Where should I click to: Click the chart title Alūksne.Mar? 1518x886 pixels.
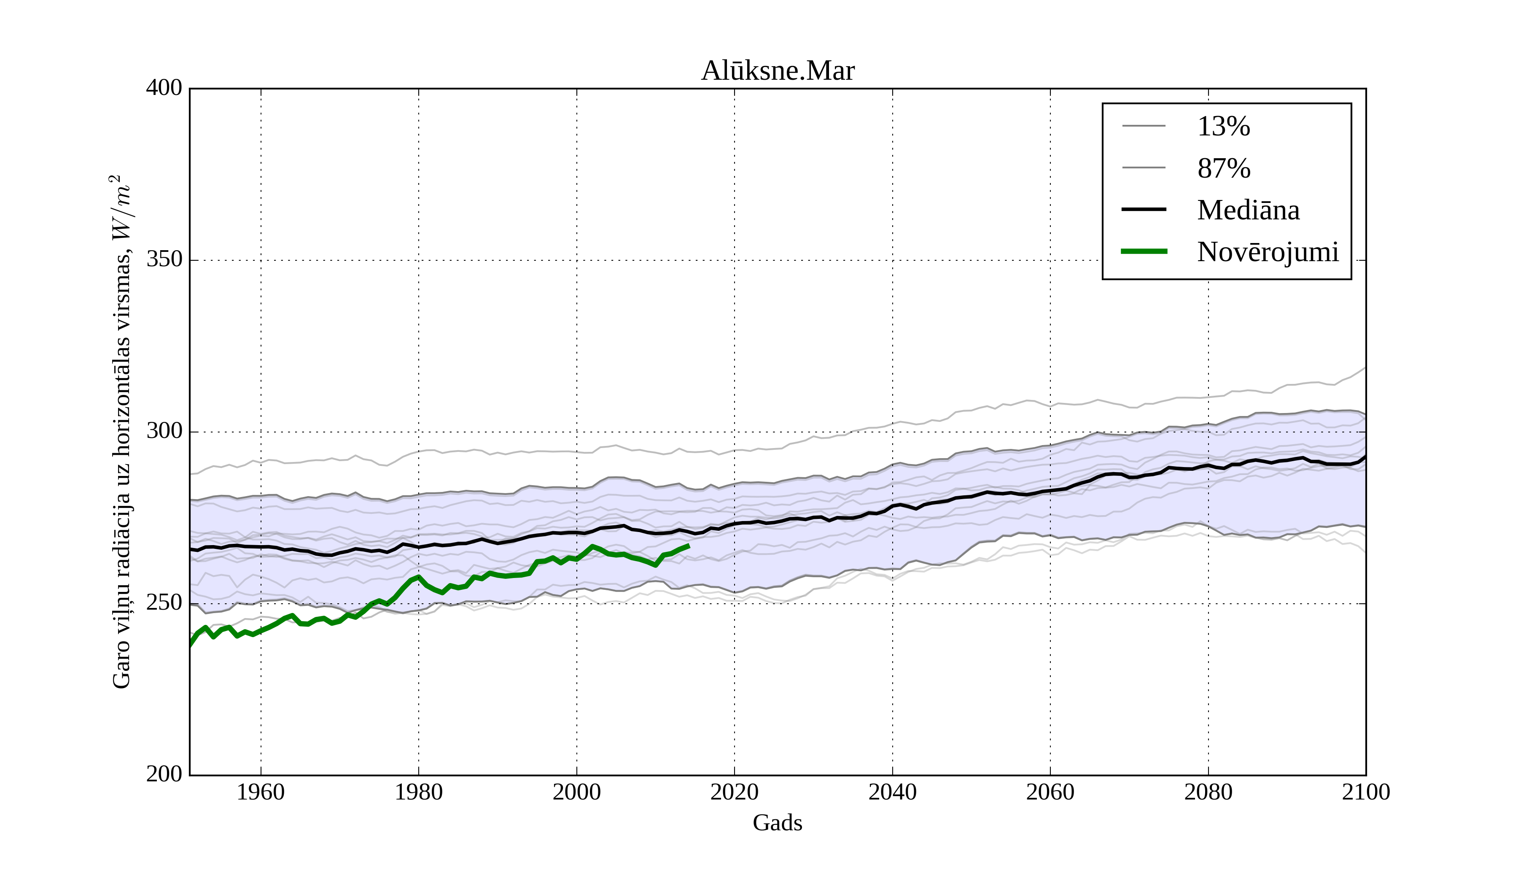(777, 71)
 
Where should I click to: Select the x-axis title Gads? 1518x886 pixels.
(777, 823)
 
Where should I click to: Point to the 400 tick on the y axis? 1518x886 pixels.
(164, 88)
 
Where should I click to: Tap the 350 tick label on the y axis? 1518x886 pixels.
(164, 260)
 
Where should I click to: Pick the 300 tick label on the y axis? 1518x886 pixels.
(164, 432)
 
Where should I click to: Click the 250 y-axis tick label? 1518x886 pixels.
(164, 603)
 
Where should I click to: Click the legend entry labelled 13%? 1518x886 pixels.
(1223, 127)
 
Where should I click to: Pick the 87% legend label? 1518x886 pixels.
(1223, 168)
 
